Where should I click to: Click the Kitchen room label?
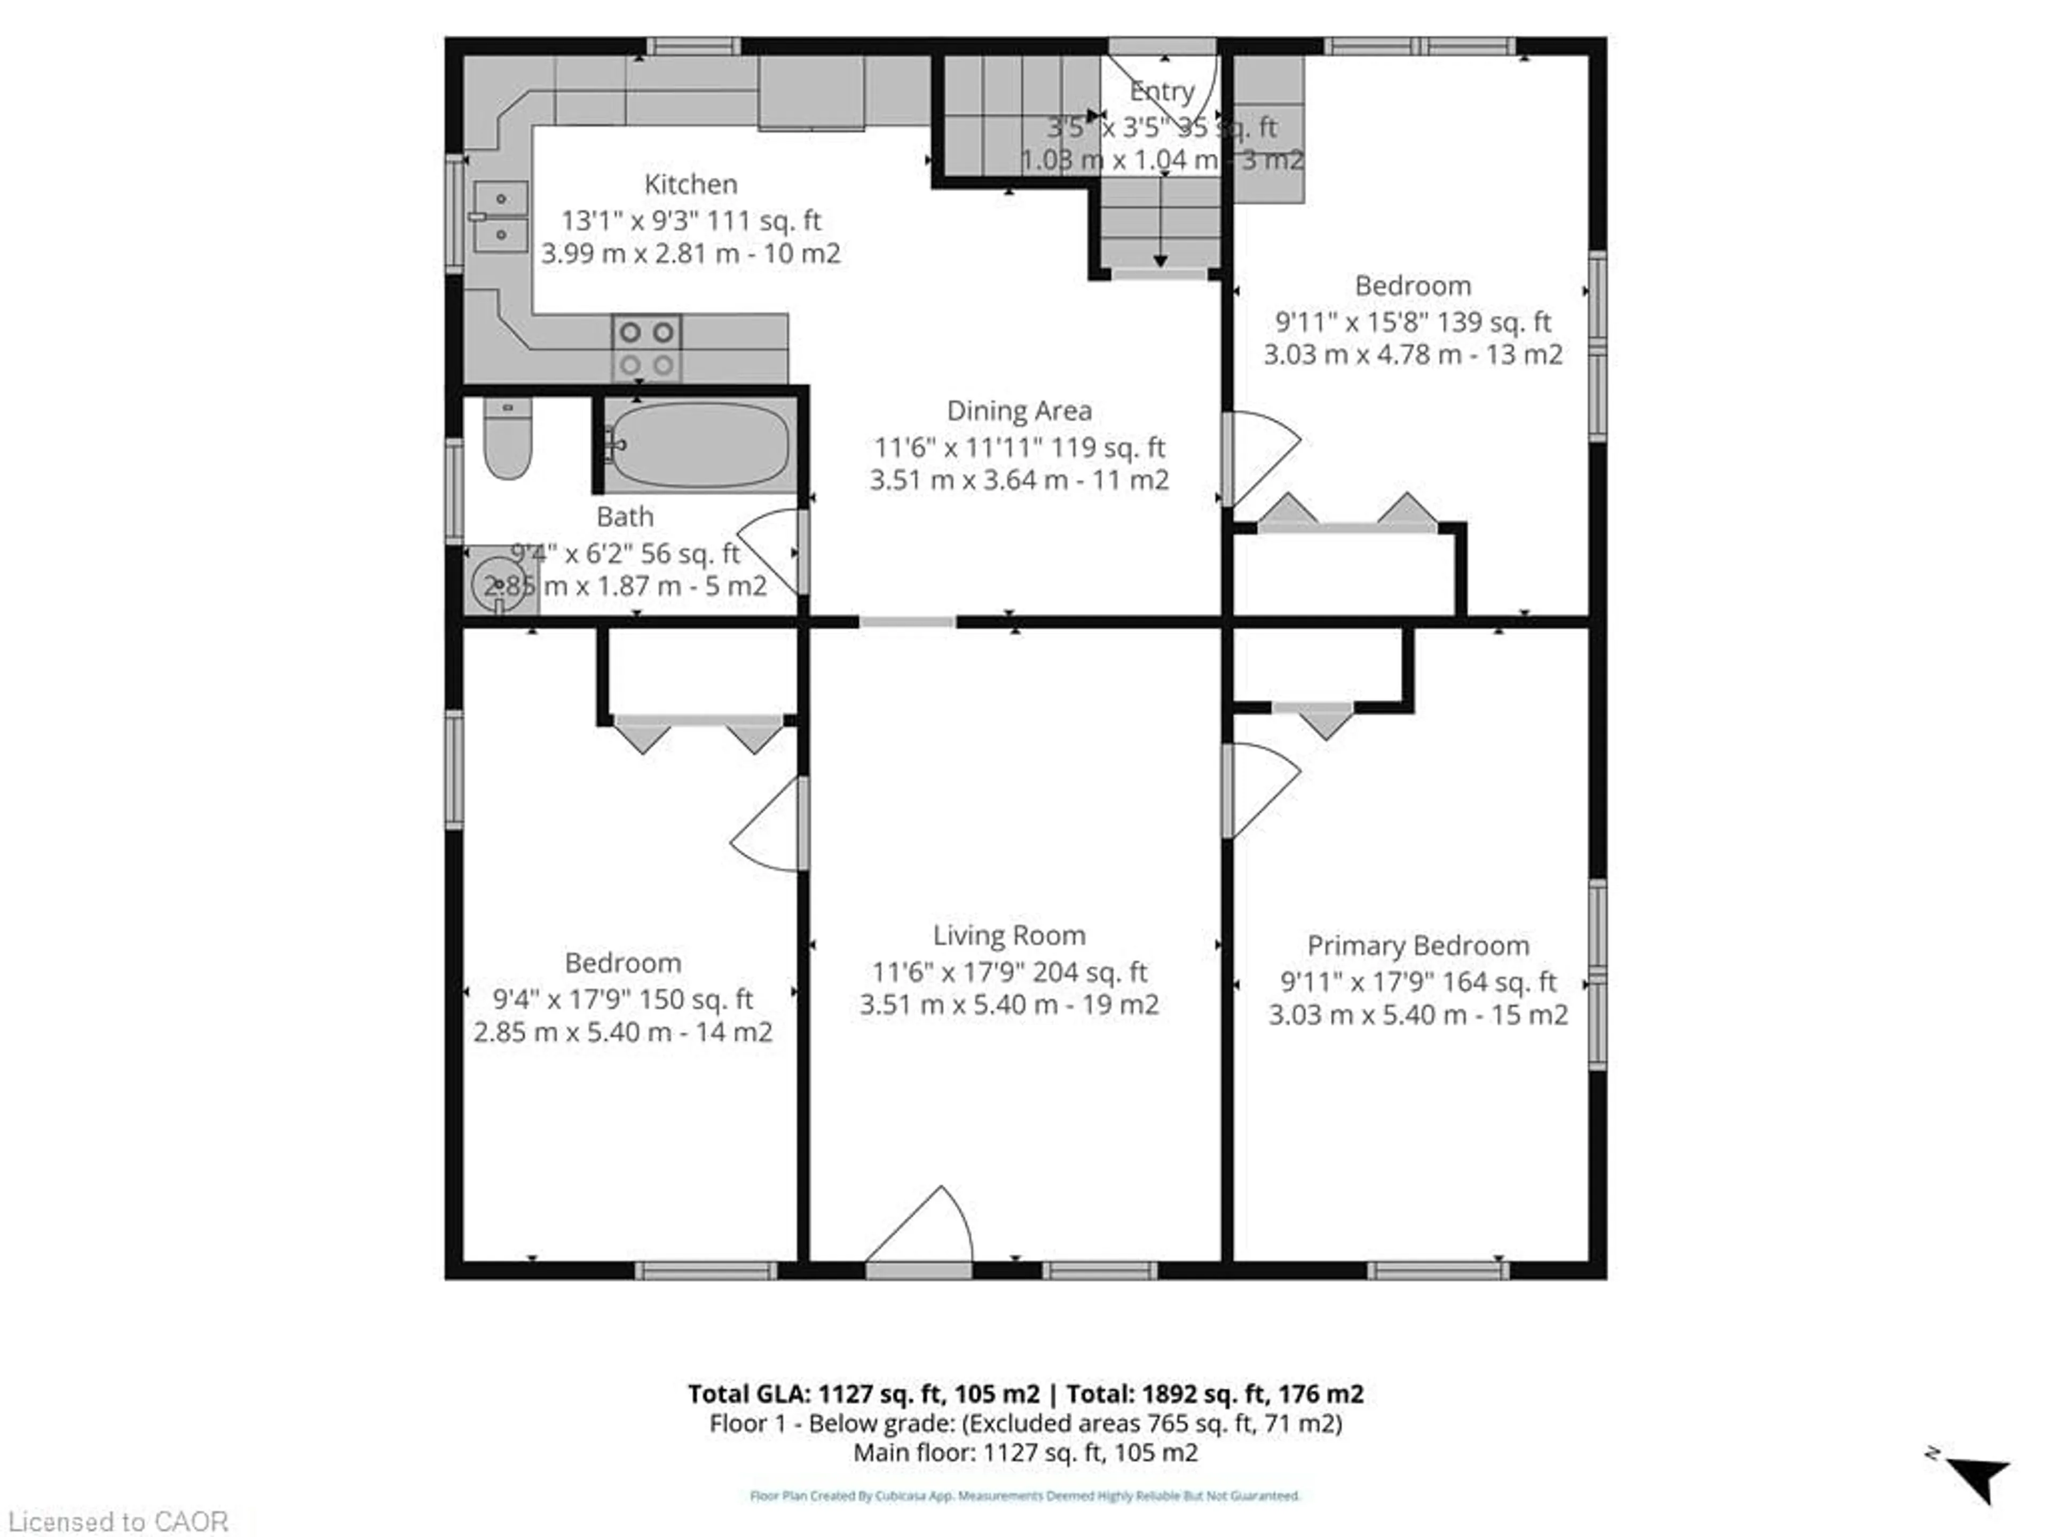pyautogui.click(x=690, y=184)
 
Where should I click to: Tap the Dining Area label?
pyautogui.click(x=1019, y=410)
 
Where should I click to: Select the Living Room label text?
pyautogui.click(x=1008, y=936)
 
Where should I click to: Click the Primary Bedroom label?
pyautogui.click(x=1417, y=946)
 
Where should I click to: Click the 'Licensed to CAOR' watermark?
pyautogui.click(x=117, y=1521)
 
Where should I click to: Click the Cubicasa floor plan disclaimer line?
pyautogui.click(x=1024, y=1495)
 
